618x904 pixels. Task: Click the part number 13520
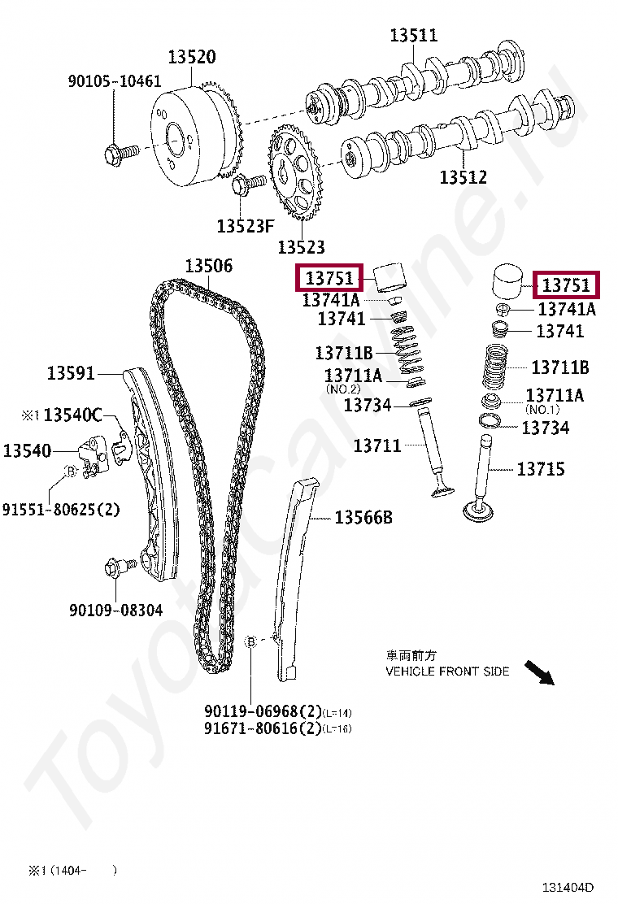point(192,57)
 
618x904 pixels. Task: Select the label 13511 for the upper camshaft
point(413,35)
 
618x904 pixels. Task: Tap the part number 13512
point(463,177)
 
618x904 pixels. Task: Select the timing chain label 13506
point(208,266)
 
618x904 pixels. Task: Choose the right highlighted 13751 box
point(565,285)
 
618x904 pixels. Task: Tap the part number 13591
point(71,374)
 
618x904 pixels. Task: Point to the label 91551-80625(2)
point(61,510)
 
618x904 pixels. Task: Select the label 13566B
point(363,517)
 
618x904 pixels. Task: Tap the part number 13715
point(541,469)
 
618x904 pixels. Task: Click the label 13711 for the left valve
point(377,445)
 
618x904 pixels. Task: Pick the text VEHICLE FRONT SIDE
point(447,671)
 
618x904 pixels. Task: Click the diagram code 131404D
point(569,887)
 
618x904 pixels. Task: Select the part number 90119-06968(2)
point(263,712)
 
